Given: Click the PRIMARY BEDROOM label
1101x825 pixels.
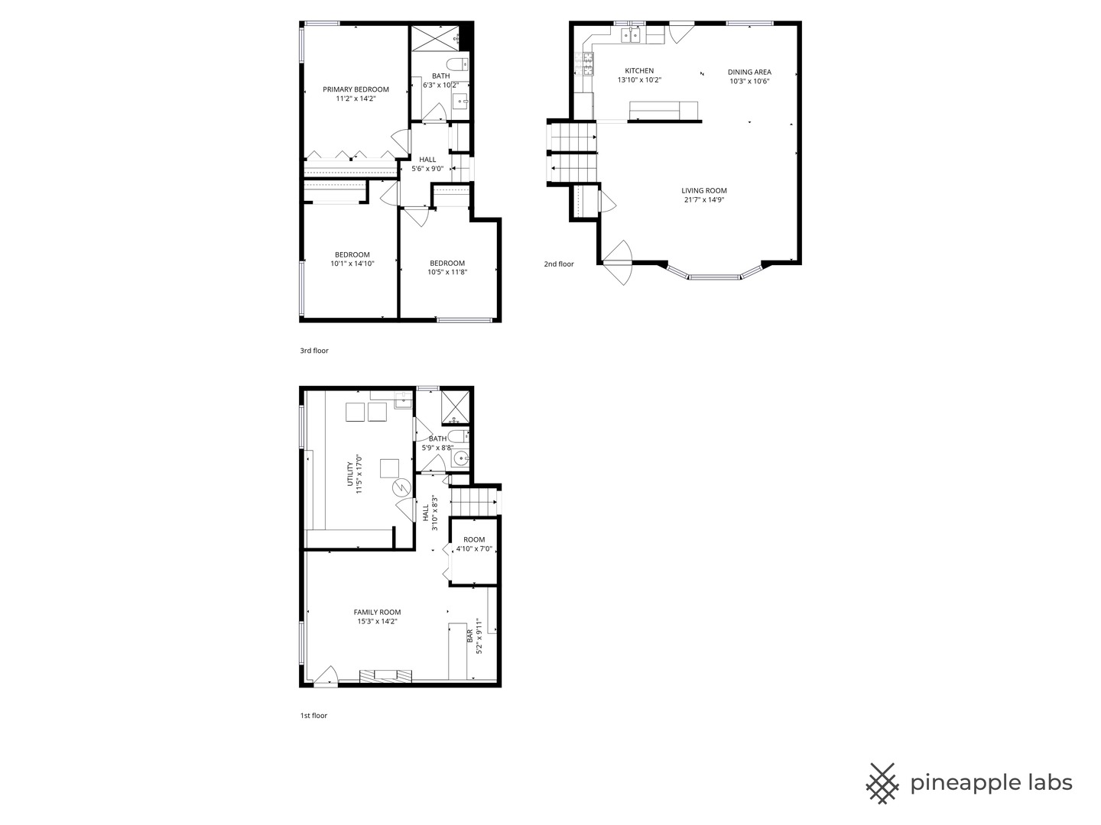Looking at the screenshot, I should coord(356,89).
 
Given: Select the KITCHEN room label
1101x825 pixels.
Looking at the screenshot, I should coord(639,71).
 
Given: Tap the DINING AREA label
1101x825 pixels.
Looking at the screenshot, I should coord(749,73).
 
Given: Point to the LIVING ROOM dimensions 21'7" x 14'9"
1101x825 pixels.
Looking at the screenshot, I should coord(704,200).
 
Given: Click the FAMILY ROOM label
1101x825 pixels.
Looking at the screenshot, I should coord(377,612).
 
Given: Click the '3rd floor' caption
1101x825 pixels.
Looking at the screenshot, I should coord(314,351).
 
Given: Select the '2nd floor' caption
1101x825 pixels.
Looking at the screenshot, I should coord(559,264).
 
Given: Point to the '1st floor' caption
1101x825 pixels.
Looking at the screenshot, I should coord(313,716).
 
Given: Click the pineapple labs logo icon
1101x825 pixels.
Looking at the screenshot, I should coord(882,783).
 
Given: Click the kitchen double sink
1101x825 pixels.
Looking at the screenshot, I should coord(632,34).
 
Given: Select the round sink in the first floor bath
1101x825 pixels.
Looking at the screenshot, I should coord(460,458).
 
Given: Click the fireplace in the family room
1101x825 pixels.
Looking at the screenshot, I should coord(386,675).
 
